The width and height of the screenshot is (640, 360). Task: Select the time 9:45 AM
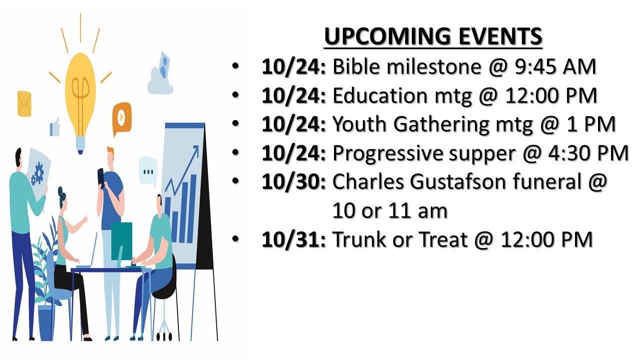coord(555,66)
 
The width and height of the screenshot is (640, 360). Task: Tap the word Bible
coord(356,66)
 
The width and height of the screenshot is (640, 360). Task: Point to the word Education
coord(380,95)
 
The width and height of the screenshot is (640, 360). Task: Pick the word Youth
coord(359,124)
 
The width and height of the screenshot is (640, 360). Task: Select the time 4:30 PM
coord(588,153)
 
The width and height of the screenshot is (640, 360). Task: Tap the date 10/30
coord(291,182)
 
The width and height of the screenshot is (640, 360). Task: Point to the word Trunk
coord(359,239)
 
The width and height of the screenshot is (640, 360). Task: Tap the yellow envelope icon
coord(24,103)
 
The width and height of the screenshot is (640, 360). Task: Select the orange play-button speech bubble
coord(121,117)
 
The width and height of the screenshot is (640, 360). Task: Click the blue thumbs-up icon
coord(55,127)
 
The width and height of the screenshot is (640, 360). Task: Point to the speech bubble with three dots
coord(148,171)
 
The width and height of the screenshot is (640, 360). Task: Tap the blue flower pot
coord(46,323)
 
